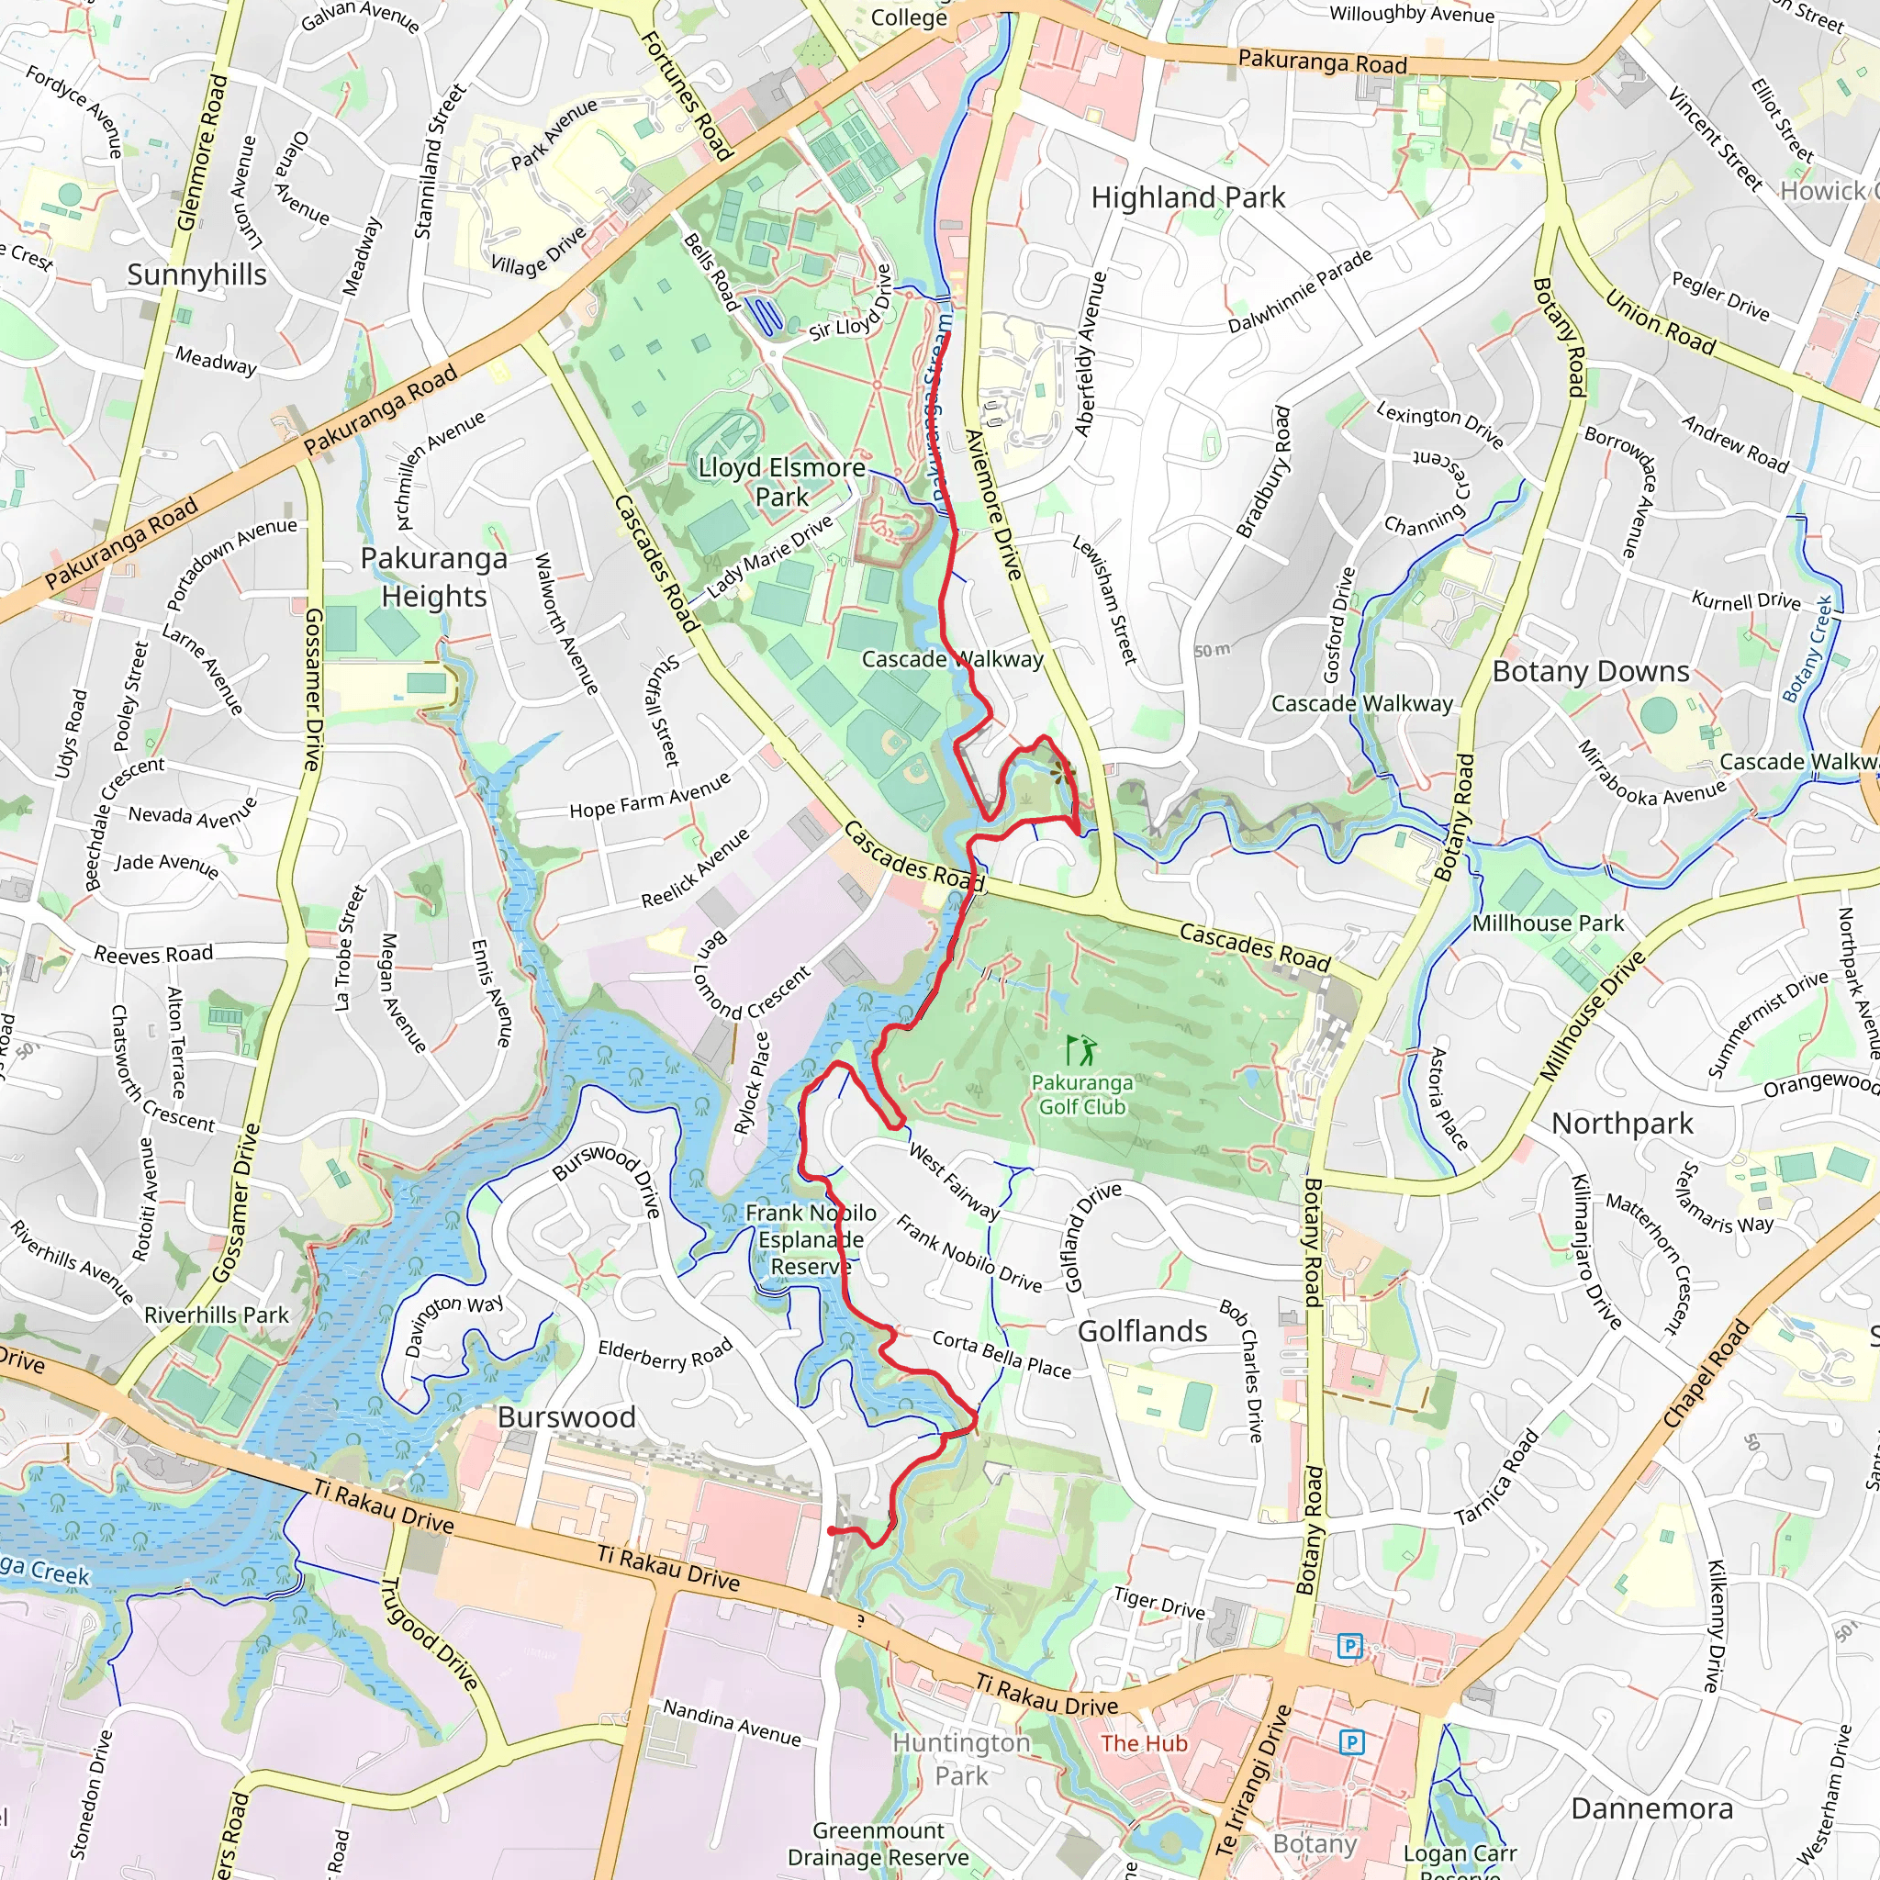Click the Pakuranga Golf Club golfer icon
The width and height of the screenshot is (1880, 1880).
(1080, 1050)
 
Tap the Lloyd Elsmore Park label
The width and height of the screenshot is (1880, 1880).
(781, 482)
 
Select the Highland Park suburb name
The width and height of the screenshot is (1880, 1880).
(1187, 197)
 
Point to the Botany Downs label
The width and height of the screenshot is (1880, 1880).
(1591, 671)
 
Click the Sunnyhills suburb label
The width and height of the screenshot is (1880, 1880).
(196, 274)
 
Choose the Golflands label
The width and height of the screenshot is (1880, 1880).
(1142, 1331)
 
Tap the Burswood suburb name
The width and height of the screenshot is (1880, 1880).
(566, 1416)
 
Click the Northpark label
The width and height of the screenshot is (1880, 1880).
(1622, 1123)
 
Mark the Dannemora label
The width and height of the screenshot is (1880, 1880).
(1652, 1808)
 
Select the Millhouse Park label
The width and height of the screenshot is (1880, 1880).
(1547, 923)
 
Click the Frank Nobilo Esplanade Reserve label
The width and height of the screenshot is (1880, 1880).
(811, 1238)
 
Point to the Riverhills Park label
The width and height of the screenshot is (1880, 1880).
(216, 1315)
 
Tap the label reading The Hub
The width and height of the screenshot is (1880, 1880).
(1144, 1743)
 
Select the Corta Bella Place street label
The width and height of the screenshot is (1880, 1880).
(1002, 1355)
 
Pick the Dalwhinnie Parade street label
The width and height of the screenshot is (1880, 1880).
(1300, 290)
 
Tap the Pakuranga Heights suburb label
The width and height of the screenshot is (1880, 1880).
(434, 577)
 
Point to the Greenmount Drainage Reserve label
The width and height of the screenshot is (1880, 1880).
(878, 1844)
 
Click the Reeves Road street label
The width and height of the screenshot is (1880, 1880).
(152, 954)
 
